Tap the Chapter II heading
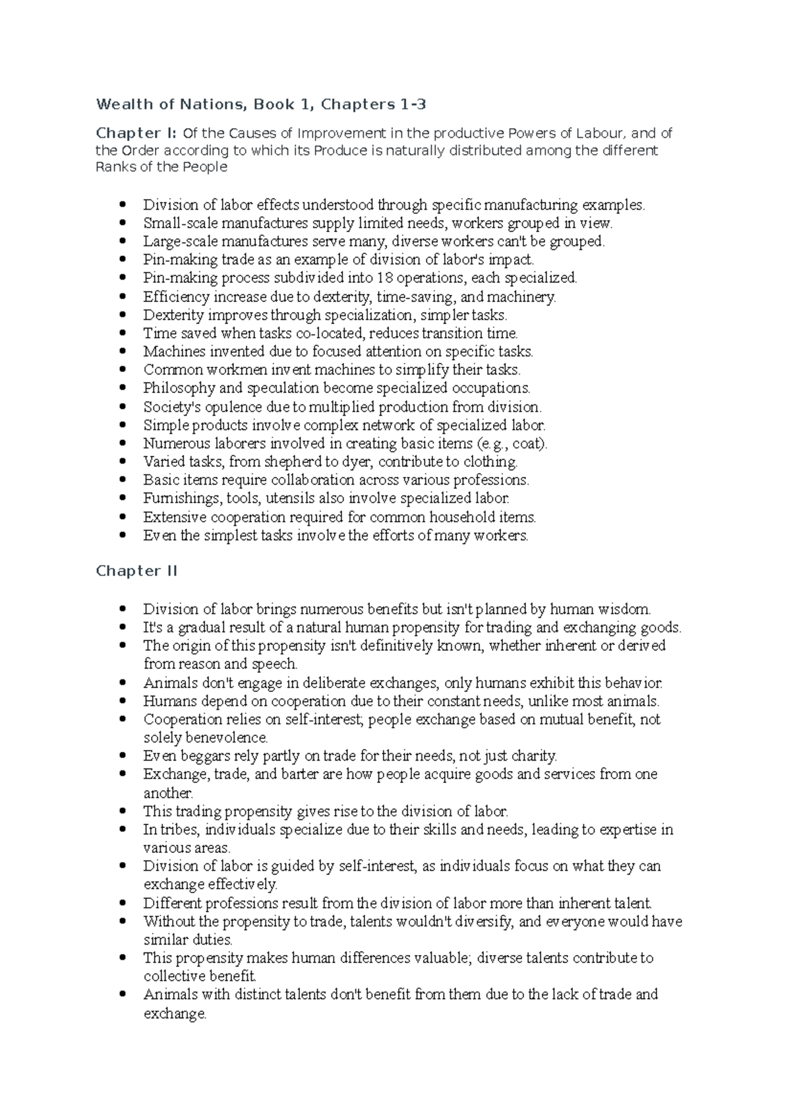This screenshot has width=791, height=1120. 136,571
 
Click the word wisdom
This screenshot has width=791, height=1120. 624,609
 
